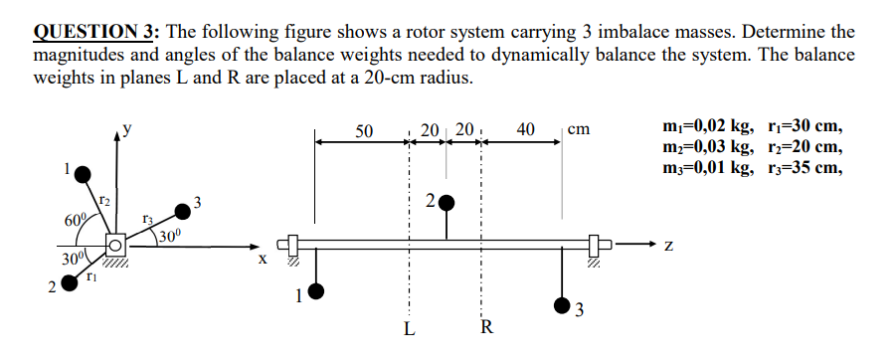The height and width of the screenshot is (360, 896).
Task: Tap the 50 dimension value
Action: tap(365, 130)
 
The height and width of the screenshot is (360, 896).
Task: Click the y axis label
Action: tap(124, 128)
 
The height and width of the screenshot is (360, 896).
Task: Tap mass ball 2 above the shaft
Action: tap(447, 203)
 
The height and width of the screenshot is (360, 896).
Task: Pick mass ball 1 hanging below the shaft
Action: tap(317, 291)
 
